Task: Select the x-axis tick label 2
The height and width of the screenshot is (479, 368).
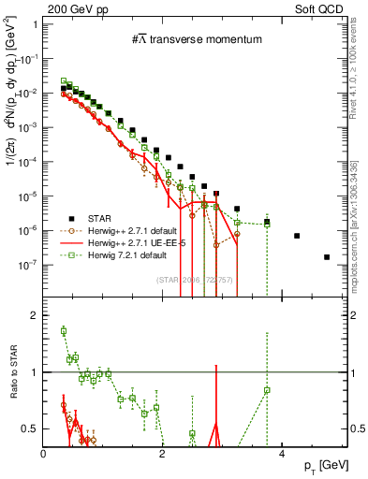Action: coord(163,452)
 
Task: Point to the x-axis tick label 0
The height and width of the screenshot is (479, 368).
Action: coord(45,452)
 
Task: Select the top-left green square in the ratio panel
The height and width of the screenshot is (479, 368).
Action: coord(64,330)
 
